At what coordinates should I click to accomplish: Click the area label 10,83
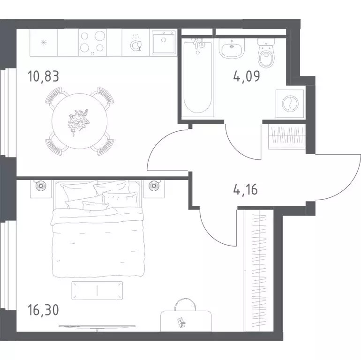[43, 76]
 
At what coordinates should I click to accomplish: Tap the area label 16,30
[43, 310]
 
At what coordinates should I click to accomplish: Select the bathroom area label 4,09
[247, 76]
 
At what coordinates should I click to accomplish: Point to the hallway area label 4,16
[245, 189]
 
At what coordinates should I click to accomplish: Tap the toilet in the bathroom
[266, 52]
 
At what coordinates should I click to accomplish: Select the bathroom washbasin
[232, 48]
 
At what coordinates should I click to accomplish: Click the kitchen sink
[164, 43]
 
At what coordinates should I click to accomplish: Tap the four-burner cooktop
[92, 43]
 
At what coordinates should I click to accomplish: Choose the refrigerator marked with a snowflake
[44, 43]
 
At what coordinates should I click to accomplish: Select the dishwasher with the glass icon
[136, 43]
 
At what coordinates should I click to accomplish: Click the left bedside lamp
[41, 186]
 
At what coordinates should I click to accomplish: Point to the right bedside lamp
[154, 186]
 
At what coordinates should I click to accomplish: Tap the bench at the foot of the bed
[97, 291]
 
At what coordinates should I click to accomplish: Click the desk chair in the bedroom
[185, 305]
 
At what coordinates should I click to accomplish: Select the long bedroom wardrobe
[259, 270]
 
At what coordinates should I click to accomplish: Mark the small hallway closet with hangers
[287, 136]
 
